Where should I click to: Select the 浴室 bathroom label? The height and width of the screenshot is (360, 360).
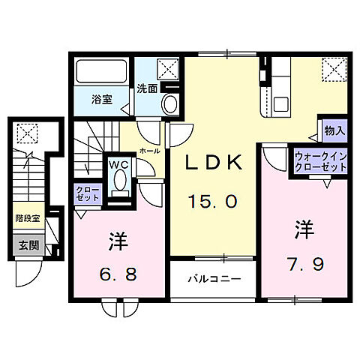tap(103, 99)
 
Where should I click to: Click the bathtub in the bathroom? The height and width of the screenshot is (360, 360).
tap(103, 73)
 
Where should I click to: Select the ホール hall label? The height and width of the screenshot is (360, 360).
tap(148, 150)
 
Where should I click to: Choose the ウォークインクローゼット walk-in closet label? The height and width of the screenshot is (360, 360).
tap(319, 162)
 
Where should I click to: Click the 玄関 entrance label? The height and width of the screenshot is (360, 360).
tap(27, 244)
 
